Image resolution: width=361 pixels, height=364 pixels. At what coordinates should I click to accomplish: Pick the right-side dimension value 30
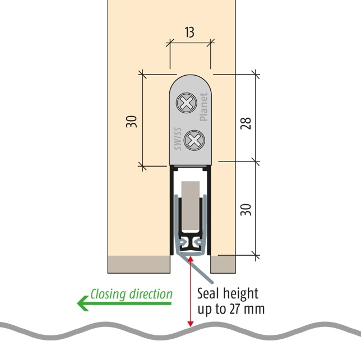tap(246, 209)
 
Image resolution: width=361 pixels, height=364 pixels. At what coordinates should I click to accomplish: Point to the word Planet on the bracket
tap(204, 107)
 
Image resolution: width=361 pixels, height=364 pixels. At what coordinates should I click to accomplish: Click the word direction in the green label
tap(151, 294)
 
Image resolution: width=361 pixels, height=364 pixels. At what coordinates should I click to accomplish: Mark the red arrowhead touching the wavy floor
tap(191, 322)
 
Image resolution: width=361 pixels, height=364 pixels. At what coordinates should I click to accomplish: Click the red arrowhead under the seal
tap(191, 259)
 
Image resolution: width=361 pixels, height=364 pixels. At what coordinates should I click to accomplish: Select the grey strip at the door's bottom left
tap(138, 264)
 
